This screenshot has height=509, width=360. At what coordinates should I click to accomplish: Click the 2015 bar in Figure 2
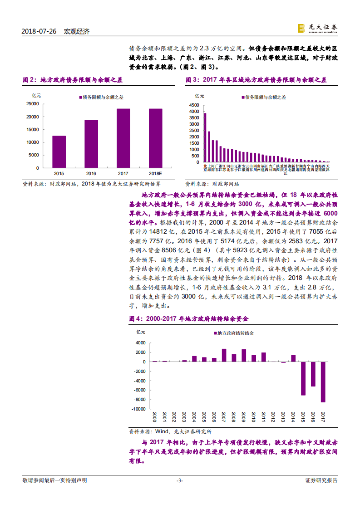59,152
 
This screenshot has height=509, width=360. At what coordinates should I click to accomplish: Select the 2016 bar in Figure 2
91,144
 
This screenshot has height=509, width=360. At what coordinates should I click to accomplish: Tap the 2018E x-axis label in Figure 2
155,173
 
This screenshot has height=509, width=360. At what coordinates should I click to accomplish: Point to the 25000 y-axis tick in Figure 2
32,104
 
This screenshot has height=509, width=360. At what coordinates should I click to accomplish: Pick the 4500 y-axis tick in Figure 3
194,105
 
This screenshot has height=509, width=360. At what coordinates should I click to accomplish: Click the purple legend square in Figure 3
243,97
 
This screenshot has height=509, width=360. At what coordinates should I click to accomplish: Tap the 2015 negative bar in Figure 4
303,378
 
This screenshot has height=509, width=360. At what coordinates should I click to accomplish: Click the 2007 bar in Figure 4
224,355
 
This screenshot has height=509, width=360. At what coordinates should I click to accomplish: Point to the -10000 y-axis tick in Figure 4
139,409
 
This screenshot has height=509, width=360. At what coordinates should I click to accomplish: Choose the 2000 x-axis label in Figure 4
154,416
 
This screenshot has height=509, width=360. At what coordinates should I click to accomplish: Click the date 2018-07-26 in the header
39,31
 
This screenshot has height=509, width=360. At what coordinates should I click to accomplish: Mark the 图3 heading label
192,80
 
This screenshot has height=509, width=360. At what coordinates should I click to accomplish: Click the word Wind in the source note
163,431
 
